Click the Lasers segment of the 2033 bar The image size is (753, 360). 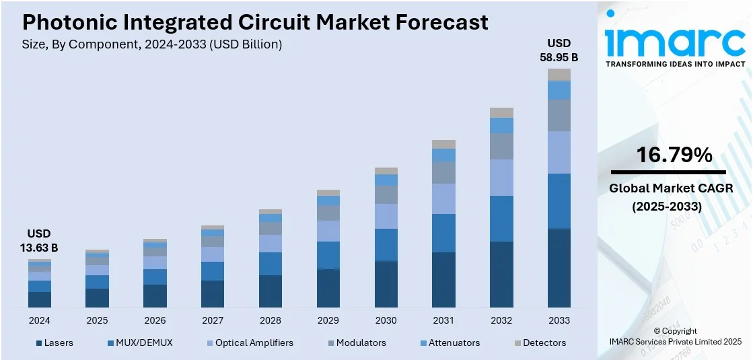(x=559, y=268)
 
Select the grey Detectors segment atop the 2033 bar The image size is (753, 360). (x=559, y=75)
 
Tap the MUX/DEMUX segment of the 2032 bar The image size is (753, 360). (x=501, y=219)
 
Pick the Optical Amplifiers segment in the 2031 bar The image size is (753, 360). (x=443, y=199)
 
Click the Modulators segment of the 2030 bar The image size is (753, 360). (x=386, y=194)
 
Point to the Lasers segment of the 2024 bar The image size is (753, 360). (x=40, y=299)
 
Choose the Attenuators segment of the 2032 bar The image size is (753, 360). (x=501, y=125)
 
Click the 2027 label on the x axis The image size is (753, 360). (x=213, y=320)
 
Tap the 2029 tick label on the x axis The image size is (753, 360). (x=328, y=320)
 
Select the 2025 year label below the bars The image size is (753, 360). (x=97, y=320)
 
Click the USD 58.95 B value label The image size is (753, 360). (x=559, y=51)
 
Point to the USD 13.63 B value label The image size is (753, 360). (x=40, y=240)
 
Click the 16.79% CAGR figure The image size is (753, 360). (x=664, y=155)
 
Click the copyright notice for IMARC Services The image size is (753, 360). (x=675, y=336)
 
